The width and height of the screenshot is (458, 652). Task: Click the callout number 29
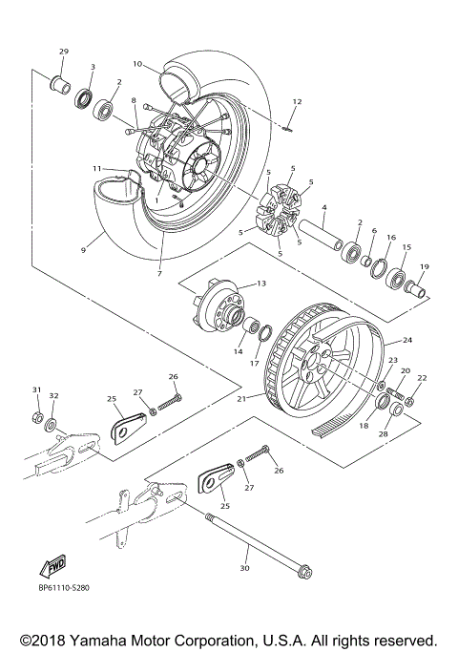click(64, 51)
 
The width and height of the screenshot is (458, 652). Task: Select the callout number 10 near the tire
click(137, 64)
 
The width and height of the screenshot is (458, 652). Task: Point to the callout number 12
click(297, 100)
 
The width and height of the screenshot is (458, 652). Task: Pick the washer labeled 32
click(53, 420)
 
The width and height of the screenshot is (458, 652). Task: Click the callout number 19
click(425, 266)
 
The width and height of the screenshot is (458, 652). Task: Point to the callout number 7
click(158, 273)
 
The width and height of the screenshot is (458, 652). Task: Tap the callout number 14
click(238, 351)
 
